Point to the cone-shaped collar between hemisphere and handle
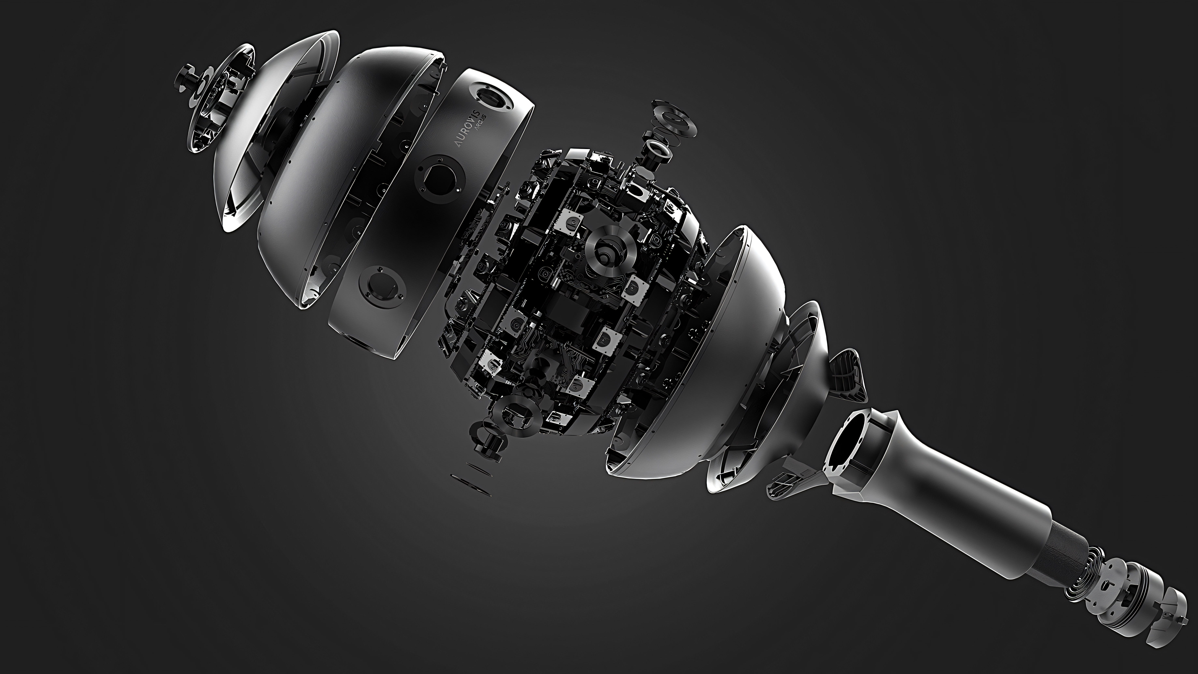tap(763, 400)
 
